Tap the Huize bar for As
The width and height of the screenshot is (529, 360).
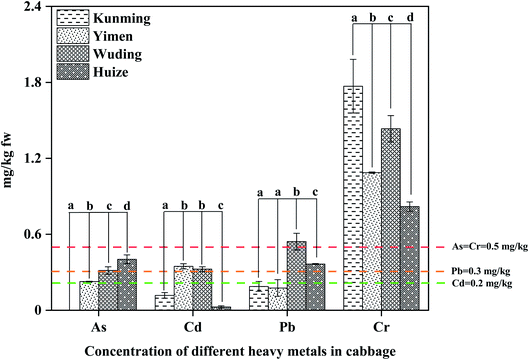click(127, 285)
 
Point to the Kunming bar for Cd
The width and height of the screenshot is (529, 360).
click(164, 302)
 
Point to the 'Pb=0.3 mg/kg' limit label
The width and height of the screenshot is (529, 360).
click(478, 271)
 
